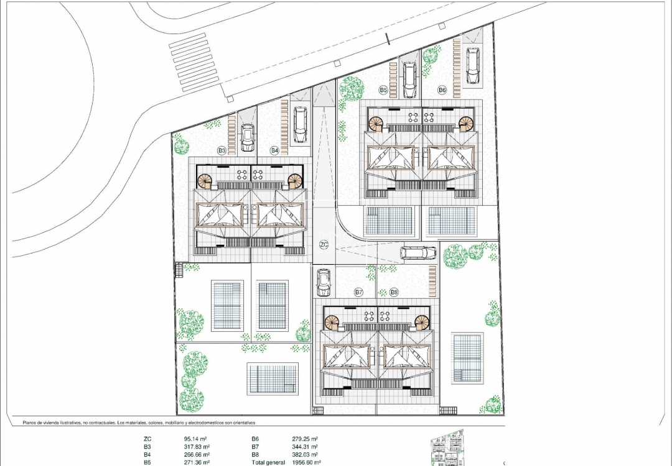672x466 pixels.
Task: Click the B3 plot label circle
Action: coord(222,150)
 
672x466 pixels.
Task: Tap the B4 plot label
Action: coord(274,150)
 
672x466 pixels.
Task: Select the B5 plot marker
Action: coord(383,91)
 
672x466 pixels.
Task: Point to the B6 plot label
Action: coord(442,91)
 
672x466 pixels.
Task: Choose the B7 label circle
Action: coord(358,291)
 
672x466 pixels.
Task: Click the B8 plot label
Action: coord(394,291)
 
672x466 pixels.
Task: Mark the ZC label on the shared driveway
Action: coord(324,245)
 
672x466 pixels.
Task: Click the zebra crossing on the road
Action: coord(194,62)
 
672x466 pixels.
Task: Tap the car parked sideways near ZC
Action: coord(418,252)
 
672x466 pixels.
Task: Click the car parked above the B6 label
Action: coord(473,66)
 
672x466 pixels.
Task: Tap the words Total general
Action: coord(268,462)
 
